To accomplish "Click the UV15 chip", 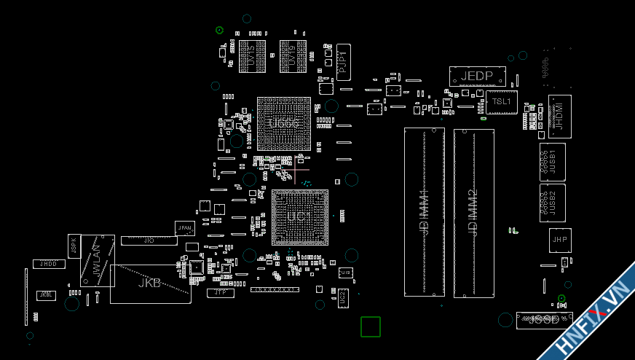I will coord(252,56).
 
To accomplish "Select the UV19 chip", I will coord(292,56).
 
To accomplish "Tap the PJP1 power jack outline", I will coord(343,62).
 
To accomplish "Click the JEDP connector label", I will coord(477,77).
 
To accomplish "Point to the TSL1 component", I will coord(502,102).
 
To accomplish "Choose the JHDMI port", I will coord(559,116).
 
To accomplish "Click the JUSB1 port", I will coord(552,161).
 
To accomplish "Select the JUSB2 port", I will coord(552,203).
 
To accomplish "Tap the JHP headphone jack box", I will coord(559,240).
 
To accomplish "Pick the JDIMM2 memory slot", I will coord(473,213).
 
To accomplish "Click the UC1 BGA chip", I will coord(299,217).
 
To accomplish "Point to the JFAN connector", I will coord(185,228).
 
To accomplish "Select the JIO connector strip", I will coord(149,240).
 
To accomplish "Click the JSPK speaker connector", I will coord(74,246).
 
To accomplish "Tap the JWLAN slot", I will coord(97,260).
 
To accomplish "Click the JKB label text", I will coord(149,283).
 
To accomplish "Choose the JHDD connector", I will coord(48,264).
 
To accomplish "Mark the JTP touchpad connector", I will coord(220,293).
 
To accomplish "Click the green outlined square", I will coord(371,326).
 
